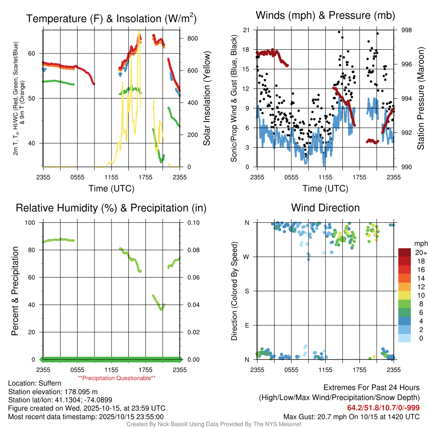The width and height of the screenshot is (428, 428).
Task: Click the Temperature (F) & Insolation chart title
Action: [x=111, y=18]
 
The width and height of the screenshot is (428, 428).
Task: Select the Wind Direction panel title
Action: [x=325, y=208]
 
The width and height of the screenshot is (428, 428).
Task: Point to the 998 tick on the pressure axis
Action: [x=407, y=30]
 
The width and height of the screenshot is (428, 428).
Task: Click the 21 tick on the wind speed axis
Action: [x=246, y=30]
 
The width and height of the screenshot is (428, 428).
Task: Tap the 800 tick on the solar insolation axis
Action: [x=192, y=38]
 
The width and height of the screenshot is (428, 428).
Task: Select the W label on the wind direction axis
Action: [x=247, y=257]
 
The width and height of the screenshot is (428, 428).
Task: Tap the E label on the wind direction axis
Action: [x=247, y=325]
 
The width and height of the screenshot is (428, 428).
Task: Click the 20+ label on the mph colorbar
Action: [x=420, y=253]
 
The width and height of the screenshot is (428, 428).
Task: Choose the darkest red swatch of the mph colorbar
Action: [x=404, y=252]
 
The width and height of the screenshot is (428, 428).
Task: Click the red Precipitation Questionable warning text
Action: [x=117, y=378]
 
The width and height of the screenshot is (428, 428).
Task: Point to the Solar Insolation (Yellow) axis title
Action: [x=206, y=99]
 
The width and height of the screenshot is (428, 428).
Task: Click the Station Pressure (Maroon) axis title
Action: [x=420, y=99]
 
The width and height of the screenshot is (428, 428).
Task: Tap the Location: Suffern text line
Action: [x=35, y=383]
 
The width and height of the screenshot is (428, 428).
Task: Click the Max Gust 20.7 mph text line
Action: [x=351, y=416]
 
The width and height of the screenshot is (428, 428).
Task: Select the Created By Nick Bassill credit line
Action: [x=214, y=424]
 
